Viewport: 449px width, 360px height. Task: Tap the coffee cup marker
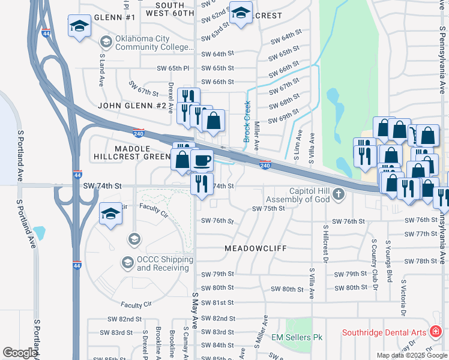(x=202, y=161)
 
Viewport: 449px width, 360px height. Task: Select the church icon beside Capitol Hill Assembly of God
(x=339, y=194)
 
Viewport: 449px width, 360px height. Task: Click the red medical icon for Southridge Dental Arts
(x=435, y=332)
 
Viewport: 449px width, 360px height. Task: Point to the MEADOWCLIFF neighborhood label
(x=256, y=248)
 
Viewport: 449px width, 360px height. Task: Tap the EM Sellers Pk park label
(x=297, y=338)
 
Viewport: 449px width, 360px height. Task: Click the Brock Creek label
(x=247, y=122)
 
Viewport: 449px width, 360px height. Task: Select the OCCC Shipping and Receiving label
(x=164, y=263)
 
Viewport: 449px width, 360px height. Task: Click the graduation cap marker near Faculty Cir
(x=110, y=214)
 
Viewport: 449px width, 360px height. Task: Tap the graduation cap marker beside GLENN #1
(x=79, y=26)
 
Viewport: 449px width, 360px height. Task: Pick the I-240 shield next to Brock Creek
(x=265, y=164)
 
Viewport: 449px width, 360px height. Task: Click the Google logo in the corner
(x=20, y=353)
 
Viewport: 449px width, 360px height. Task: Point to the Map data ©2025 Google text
(x=411, y=355)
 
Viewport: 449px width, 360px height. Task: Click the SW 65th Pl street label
(x=173, y=68)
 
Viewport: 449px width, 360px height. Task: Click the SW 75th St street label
(x=267, y=209)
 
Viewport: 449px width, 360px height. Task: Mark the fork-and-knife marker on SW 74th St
(x=202, y=182)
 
